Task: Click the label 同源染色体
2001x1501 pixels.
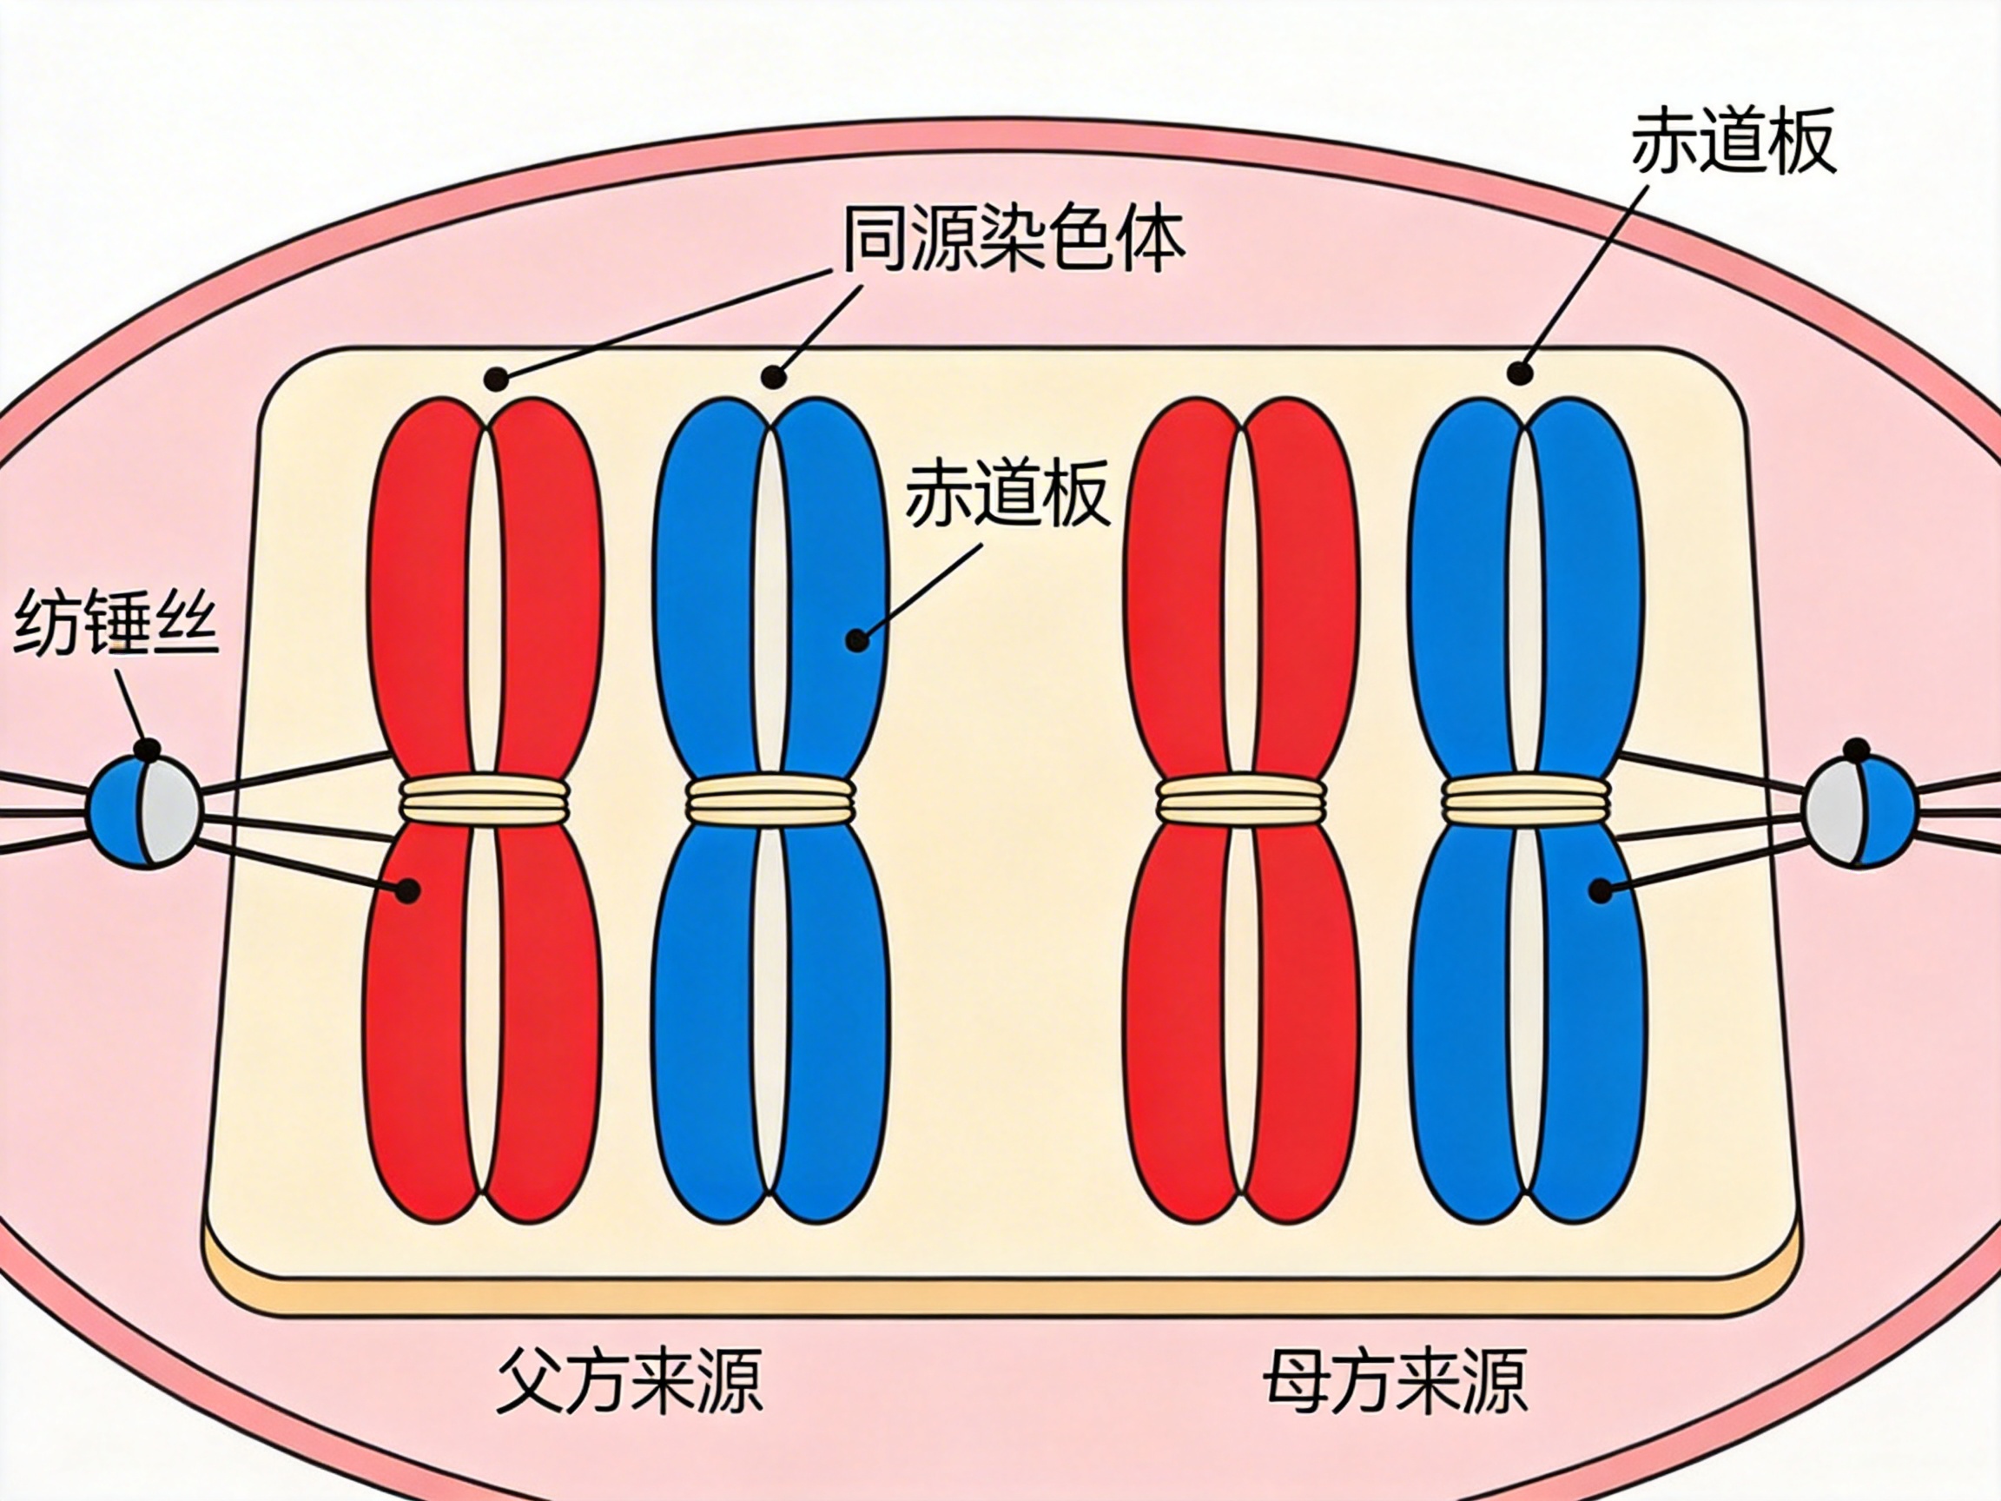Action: (1014, 240)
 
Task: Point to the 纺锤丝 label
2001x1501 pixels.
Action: (116, 624)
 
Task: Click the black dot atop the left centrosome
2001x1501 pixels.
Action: (148, 749)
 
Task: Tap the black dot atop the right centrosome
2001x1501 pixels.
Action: (1856, 750)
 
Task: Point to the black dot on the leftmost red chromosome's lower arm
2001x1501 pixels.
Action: (408, 890)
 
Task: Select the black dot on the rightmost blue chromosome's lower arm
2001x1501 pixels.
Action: (1601, 891)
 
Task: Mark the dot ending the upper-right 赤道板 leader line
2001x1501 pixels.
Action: (1522, 372)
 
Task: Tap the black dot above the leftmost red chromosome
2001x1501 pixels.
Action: (494, 377)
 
